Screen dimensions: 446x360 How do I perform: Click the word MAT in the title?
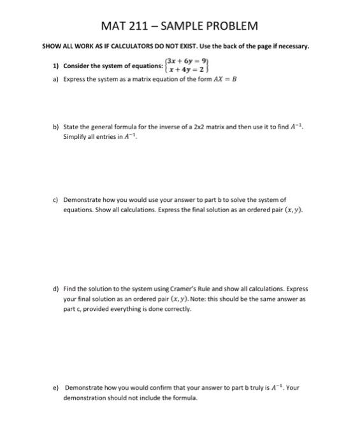pyautogui.click(x=115, y=26)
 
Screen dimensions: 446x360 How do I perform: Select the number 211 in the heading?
pyautogui.click(x=144, y=26)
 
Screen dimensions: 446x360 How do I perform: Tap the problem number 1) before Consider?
pyautogui.click(x=56, y=66)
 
